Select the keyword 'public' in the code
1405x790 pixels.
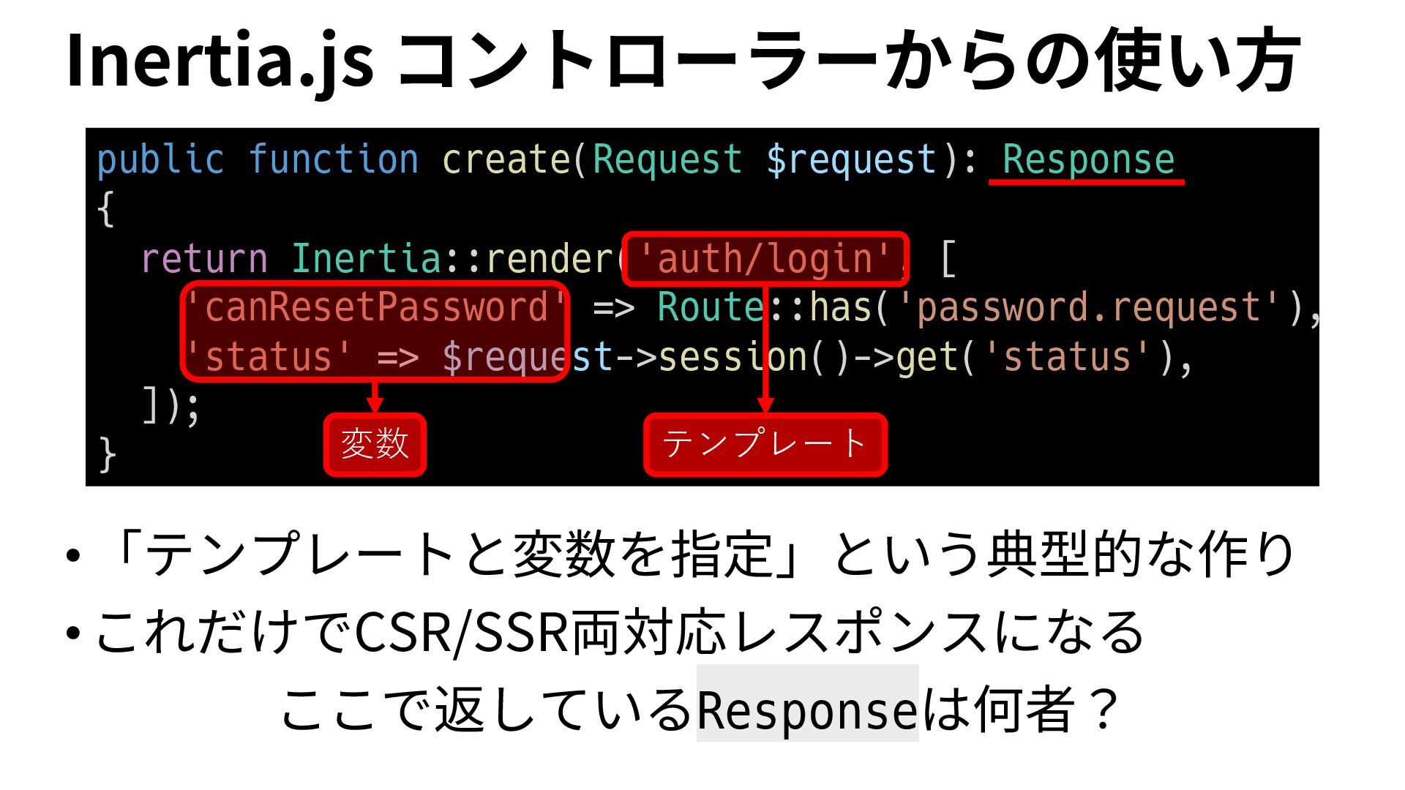[x=160, y=160]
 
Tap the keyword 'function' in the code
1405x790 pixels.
[x=334, y=160]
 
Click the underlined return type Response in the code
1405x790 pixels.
[x=1088, y=160]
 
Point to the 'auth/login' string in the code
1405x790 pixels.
[x=765, y=259]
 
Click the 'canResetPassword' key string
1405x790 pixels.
[x=375, y=307]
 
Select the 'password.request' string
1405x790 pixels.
[x=1089, y=307]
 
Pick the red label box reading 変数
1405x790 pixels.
[x=375, y=444]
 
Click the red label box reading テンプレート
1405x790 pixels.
[x=765, y=444]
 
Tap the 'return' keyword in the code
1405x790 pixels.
[x=204, y=259]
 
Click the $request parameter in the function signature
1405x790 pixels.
[x=851, y=160]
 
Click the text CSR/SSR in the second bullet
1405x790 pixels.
[x=461, y=632]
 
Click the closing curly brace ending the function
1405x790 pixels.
[x=107, y=455]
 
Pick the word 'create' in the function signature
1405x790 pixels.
[x=506, y=160]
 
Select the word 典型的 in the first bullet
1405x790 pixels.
[x=1065, y=554]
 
